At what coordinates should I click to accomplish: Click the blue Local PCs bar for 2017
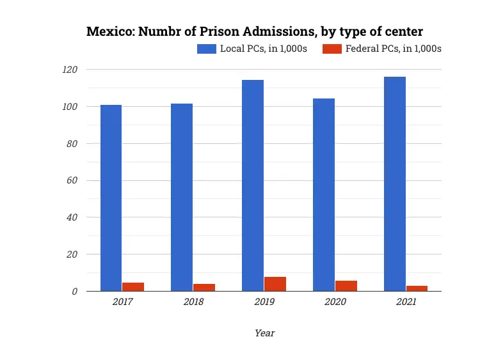(x=111, y=198)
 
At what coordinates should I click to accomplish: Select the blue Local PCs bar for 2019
(x=253, y=185)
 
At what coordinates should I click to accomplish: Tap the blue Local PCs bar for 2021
(x=395, y=184)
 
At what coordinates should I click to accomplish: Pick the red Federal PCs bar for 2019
(x=275, y=284)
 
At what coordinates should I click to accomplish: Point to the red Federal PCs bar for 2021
(x=417, y=288)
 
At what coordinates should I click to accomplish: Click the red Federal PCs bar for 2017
(x=133, y=286)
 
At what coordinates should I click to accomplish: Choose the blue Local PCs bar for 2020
(x=324, y=194)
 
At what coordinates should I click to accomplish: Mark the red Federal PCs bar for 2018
(x=204, y=287)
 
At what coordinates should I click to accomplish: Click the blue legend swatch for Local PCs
(x=207, y=49)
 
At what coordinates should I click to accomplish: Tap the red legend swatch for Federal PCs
(x=332, y=49)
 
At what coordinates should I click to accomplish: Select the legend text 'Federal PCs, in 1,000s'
(x=393, y=49)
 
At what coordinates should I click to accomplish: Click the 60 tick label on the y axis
(x=72, y=180)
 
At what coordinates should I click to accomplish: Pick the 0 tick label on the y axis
(x=75, y=292)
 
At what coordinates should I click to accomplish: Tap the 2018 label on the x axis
(x=193, y=302)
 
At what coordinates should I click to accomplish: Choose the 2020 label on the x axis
(x=335, y=302)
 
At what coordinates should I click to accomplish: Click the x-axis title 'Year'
(x=264, y=333)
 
